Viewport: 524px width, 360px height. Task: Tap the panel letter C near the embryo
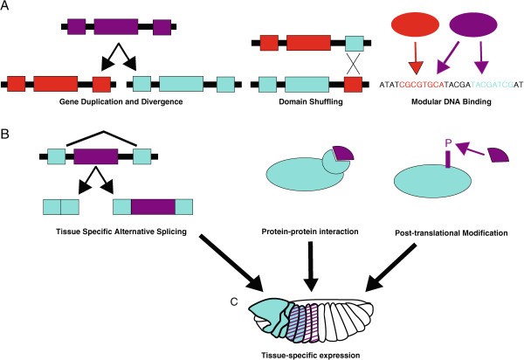[234, 302]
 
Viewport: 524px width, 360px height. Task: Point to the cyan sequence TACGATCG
[485, 85]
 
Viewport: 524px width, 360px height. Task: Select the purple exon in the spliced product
[153, 206]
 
